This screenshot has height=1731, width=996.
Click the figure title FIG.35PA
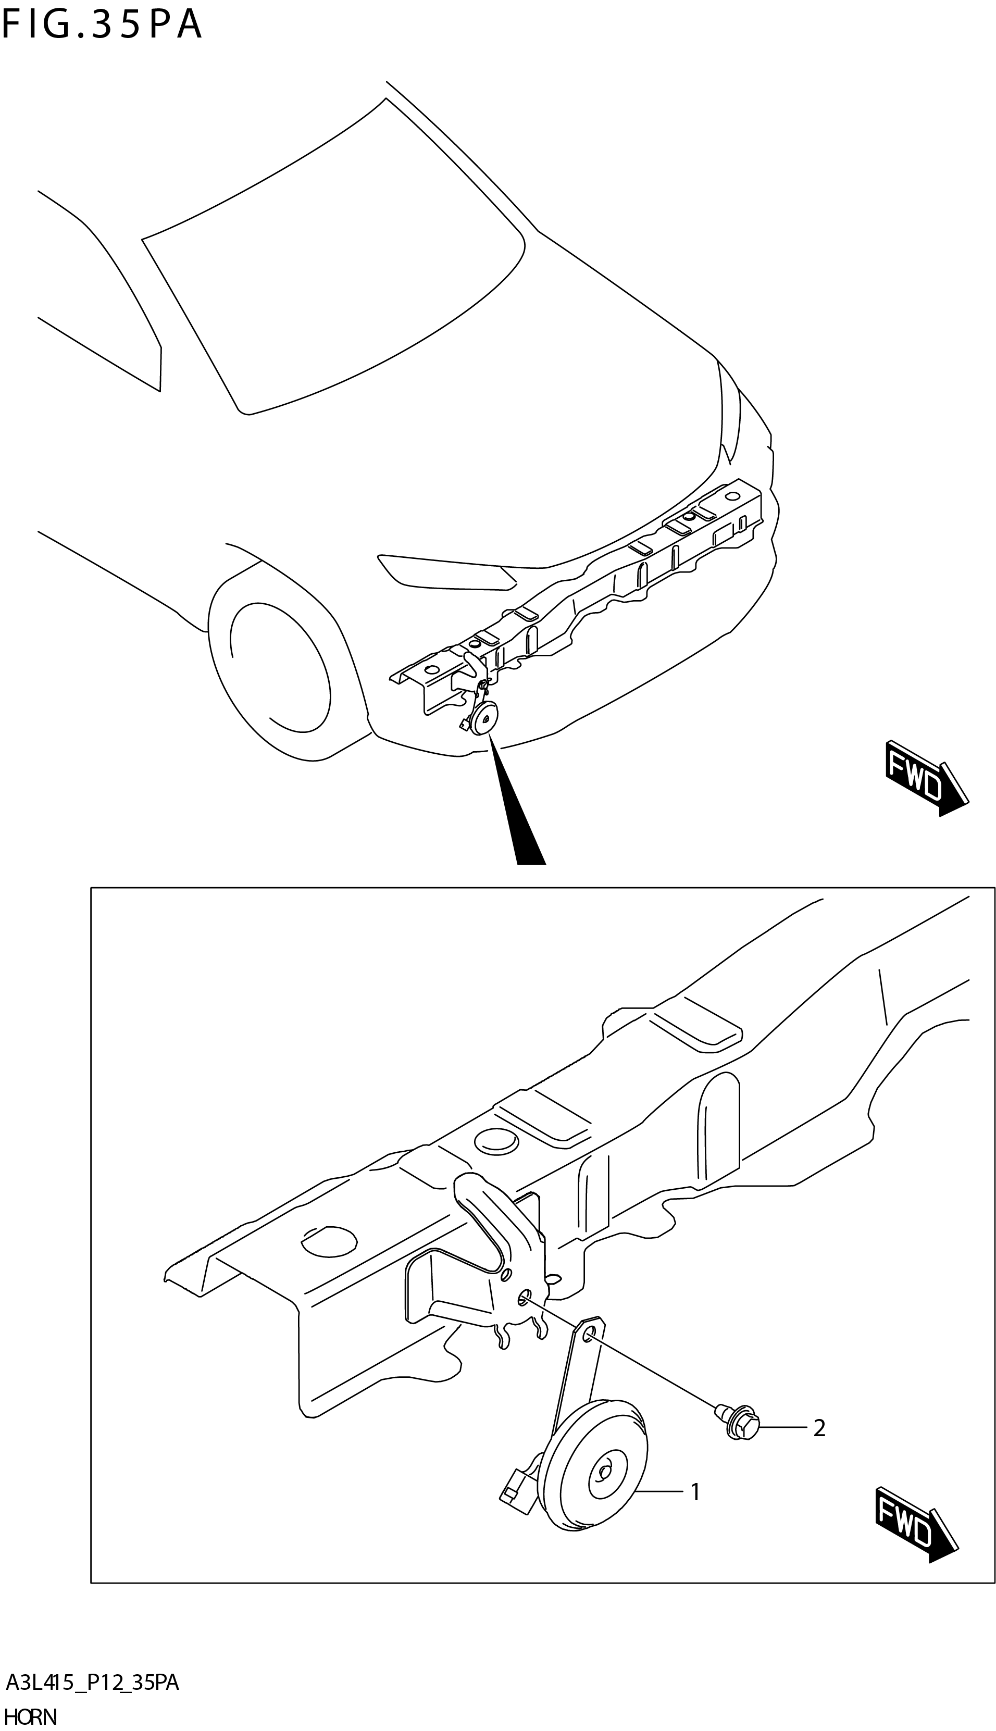(103, 26)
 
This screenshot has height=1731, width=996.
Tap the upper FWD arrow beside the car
(924, 778)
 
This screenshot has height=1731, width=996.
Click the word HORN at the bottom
(31, 1716)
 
